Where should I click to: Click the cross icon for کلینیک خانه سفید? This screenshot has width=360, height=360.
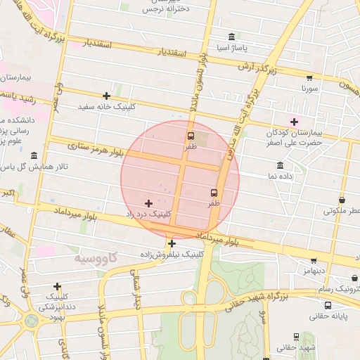coord(106,96)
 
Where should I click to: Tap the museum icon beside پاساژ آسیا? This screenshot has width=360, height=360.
coord(231,37)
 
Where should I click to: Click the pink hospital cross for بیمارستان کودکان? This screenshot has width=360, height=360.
coord(294,122)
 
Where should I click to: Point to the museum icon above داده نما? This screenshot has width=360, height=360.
coord(281,166)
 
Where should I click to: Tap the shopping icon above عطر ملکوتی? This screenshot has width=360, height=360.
coord(342,200)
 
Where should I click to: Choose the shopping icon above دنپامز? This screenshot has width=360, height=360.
coord(313,260)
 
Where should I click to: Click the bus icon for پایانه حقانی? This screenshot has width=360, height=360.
coord(328,305)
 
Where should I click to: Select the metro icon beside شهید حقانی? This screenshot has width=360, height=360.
coord(296,337)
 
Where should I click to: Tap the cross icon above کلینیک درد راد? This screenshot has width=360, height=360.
coord(148,202)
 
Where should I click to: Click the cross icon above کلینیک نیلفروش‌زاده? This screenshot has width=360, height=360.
coord(172,243)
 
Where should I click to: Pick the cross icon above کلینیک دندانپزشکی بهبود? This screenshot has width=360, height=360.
coord(57,286)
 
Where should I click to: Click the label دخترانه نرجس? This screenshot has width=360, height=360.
coord(166,9)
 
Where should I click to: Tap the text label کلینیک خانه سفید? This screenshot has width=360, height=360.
coord(107,107)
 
